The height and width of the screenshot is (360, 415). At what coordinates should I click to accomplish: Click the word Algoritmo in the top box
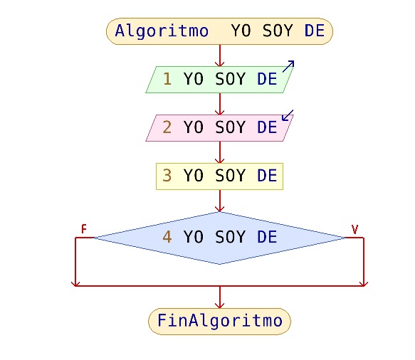pos(162,31)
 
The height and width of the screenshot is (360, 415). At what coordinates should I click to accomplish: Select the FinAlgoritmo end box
pos(219,322)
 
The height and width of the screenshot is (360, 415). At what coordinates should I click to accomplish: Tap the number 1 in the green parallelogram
pos(167,79)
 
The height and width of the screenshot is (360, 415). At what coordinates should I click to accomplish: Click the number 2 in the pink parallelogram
pos(167,127)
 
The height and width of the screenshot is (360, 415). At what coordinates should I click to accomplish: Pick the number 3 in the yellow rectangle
pos(167,175)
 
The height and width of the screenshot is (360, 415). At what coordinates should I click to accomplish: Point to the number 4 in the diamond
pos(167,237)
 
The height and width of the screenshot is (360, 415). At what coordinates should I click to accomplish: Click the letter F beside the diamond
pos(83,229)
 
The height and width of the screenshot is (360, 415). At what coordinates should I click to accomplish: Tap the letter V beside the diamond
pos(354,229)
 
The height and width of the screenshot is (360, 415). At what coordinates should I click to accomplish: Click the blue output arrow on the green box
pos(288,66)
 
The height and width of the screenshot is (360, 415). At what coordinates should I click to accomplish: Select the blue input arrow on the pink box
pos(288,115)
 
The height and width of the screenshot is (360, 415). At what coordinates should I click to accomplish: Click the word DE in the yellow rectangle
pos(267,176)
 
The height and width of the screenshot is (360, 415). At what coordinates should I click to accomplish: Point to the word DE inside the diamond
pos(267,237)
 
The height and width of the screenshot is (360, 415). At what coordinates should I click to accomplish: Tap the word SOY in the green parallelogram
pos(230,79)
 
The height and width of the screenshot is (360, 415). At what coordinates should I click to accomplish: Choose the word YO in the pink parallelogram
pos(194,127)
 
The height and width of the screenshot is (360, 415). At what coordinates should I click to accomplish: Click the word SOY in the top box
pos(278,31)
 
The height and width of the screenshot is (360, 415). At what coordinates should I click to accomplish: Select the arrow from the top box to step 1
pos(220,55)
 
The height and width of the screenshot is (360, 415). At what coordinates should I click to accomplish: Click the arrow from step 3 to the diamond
pos(220,201)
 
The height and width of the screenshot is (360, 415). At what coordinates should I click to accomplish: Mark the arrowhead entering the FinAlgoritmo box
pos(220,305)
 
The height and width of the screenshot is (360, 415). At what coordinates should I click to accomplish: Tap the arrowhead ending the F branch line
pos(75,283)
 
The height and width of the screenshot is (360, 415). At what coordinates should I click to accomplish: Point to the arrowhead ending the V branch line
pos(364,283)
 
